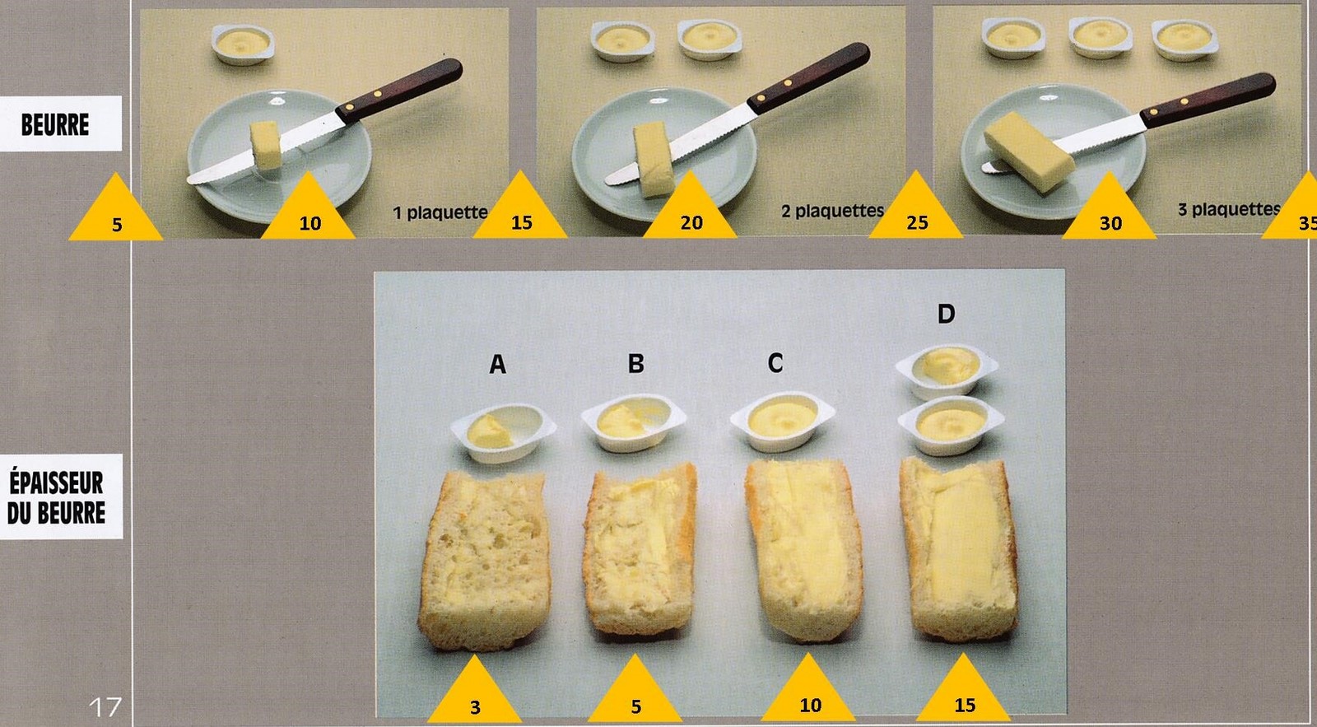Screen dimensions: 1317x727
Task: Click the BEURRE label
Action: coord(55,124)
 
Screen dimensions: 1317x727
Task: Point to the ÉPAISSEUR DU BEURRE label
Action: coord(57,497)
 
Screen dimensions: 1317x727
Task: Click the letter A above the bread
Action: coord(497,365)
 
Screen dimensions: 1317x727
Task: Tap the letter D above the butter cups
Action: coord(946,314)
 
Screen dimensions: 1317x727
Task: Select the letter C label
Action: coord(775,363)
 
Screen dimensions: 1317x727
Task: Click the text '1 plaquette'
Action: coord(440,212)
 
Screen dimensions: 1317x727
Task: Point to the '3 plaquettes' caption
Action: coord(1229,209)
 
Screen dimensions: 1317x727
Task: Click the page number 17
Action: coord(105,706)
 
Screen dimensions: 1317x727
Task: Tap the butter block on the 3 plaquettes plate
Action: coord(1030,151)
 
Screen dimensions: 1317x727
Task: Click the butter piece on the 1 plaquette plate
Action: coord(266,145)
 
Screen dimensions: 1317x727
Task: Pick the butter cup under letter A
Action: coord(503,432)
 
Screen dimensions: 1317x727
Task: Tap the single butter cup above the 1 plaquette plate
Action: coord(243,44)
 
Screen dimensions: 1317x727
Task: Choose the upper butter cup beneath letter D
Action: coord(947,370)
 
